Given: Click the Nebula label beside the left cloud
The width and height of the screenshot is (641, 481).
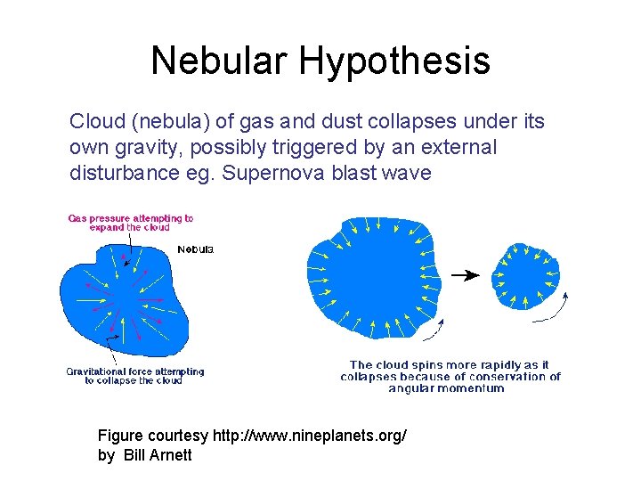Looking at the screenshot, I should point(195,249).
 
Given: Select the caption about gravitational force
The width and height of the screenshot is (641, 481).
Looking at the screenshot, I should point(134,376).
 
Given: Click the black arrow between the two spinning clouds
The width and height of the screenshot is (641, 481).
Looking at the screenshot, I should point(464,275).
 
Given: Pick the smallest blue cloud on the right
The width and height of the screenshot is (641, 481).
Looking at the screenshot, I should point(527,276).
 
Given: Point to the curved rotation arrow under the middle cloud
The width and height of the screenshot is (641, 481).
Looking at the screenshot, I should point(434,332).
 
